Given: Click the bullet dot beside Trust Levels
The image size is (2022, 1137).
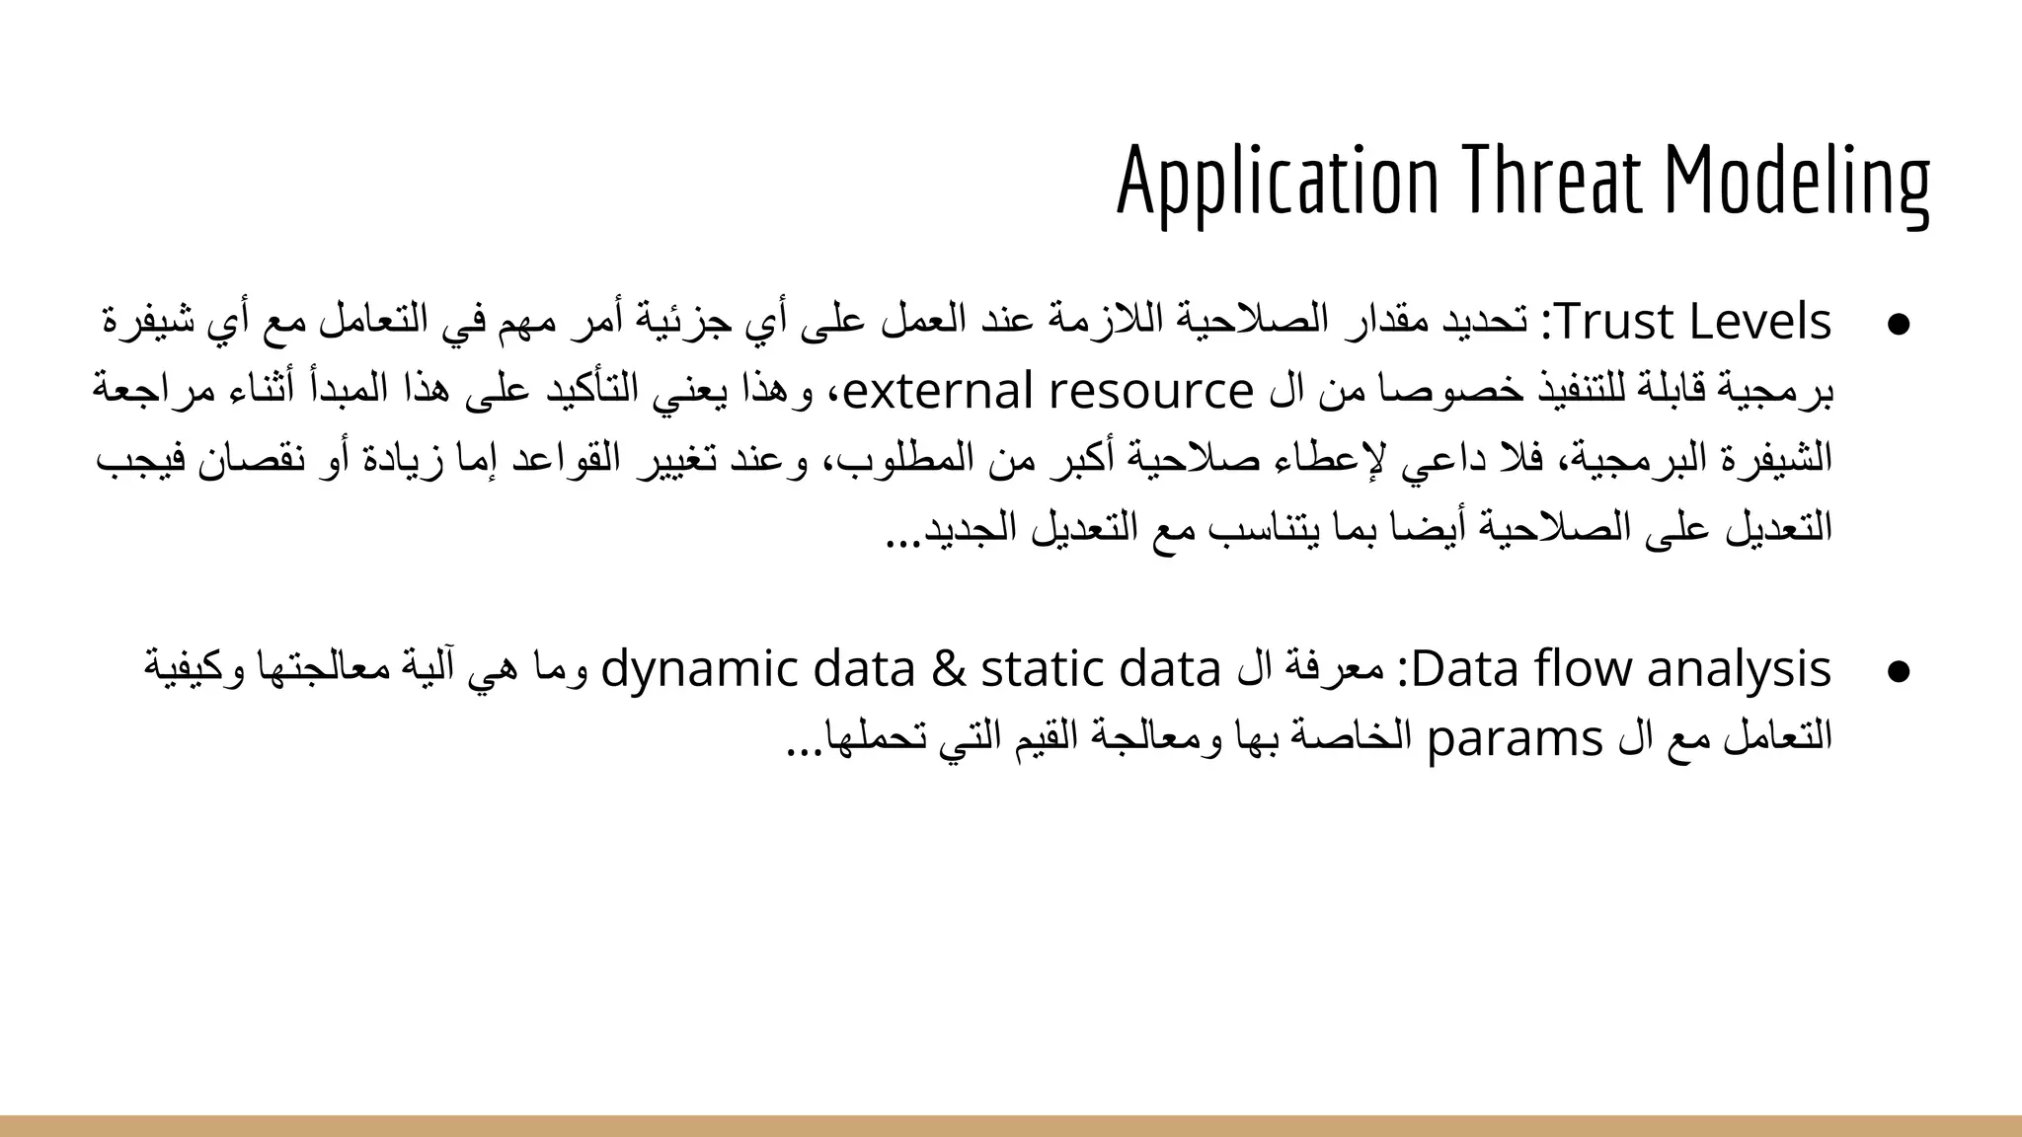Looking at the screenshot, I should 1896,325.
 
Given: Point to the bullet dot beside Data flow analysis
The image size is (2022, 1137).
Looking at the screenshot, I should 1896,671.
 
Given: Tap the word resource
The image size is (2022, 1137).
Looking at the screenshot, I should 1151,392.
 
